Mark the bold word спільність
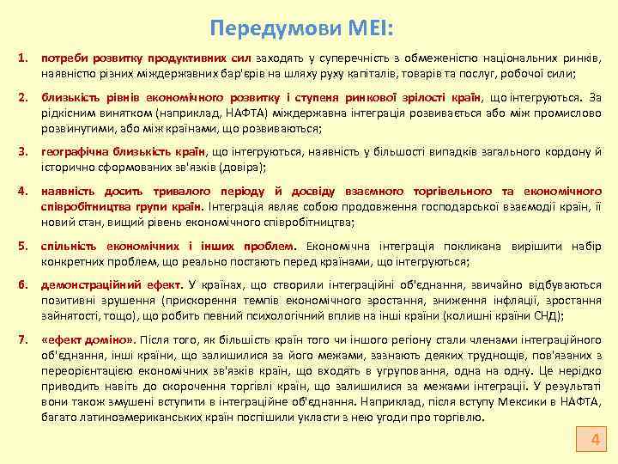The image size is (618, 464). (x=69, y=247)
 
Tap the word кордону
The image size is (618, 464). (x=567, y=153)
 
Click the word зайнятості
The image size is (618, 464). (x=71, y=316)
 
